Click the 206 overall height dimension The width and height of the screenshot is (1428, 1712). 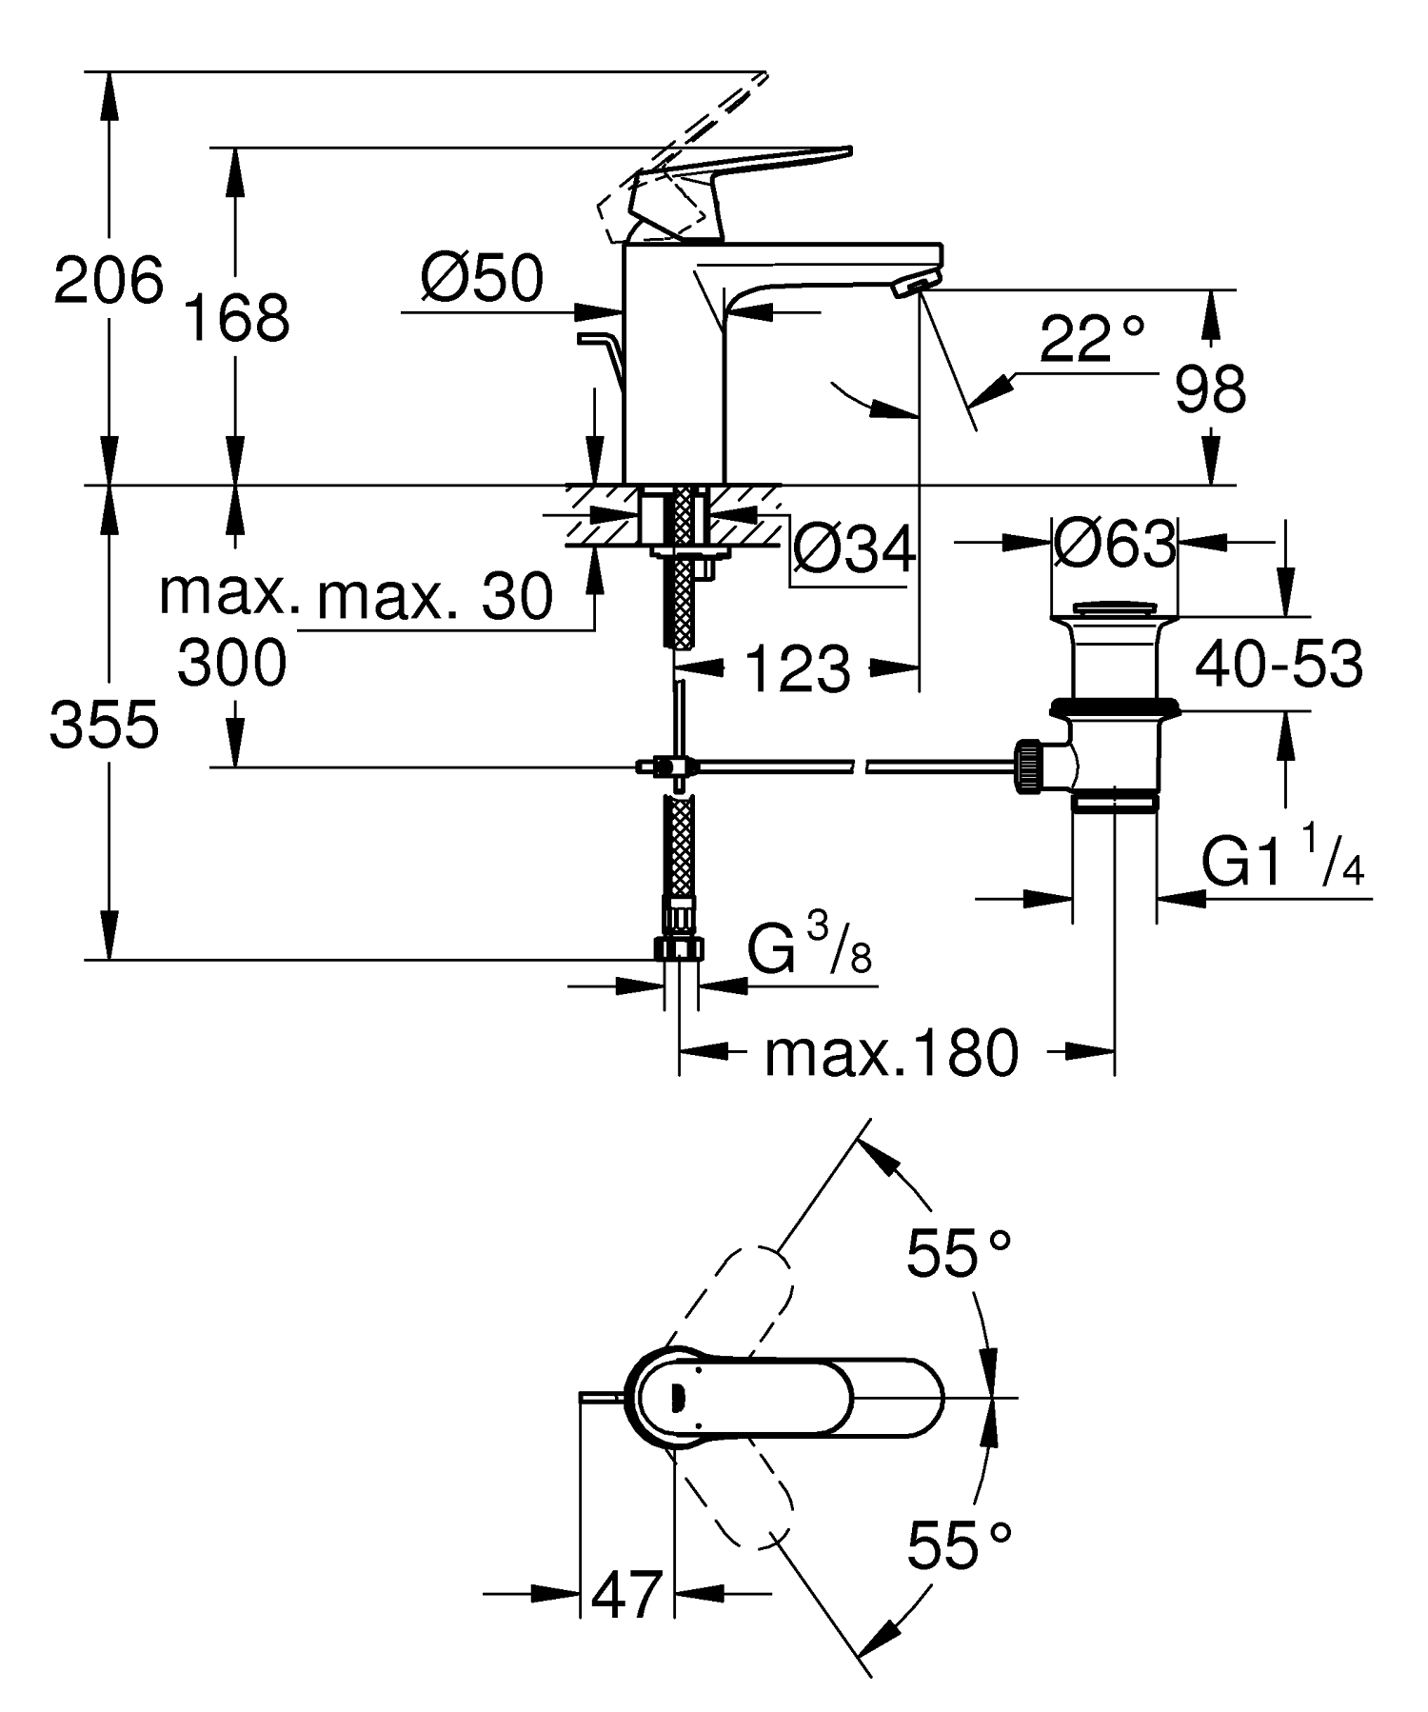click(x=108, y=281)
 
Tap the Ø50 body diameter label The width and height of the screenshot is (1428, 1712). click(x=483, y=279)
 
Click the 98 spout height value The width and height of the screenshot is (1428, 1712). click(x=1210, y=389)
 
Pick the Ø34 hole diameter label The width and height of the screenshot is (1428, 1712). click(x=854, y=549)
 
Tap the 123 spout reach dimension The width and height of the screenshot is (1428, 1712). click(x=797, y=668)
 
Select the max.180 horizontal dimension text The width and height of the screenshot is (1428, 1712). click(x=891, y=1054)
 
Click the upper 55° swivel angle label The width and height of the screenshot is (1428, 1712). click(x=958, y=1252)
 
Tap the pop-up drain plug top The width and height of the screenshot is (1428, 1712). click(x=1114, y=608)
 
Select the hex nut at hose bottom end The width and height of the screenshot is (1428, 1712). click(x=680, y=948)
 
